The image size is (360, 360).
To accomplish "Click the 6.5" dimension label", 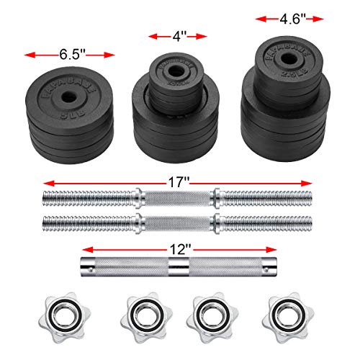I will [71, 54].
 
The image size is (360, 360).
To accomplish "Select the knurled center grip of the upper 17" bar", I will [178, 196].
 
